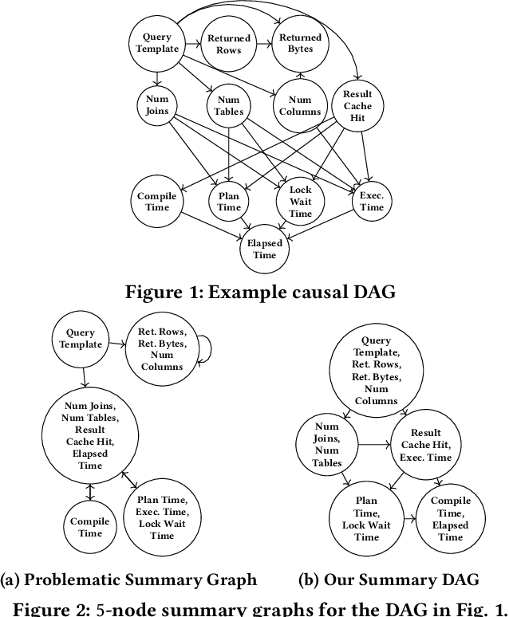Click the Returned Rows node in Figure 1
click(229, 44)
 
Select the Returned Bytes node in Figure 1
click(300, 44)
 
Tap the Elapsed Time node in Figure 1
click(263, 250)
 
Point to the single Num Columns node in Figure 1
click(300, 106)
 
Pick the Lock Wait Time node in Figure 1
click(300, 202)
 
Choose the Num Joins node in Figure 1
click(157, 106)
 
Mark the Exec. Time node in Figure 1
click(371, 202)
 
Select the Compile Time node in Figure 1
click(157, 202)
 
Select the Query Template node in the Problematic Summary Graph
click(81, 339)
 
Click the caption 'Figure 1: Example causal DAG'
click(259, 292)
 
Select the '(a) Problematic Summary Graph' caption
click(129, 580)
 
